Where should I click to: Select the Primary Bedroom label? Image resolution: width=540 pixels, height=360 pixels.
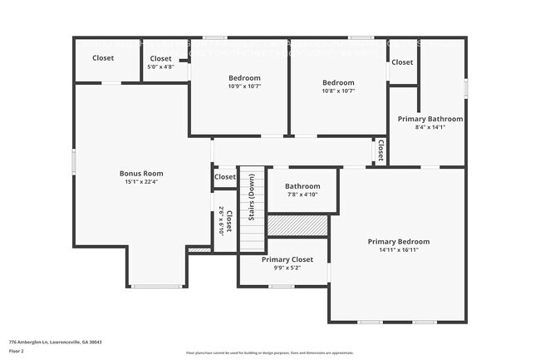coord(399,241)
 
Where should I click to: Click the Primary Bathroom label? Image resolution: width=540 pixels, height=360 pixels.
coord(430,119)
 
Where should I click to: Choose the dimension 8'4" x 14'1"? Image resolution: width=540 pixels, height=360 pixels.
coord(430,127)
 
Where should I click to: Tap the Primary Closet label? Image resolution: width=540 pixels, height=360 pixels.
coord(287,259)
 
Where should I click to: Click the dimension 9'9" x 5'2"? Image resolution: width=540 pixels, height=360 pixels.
coord(287,268)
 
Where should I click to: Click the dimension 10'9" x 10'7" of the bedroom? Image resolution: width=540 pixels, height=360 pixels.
coord(245,86)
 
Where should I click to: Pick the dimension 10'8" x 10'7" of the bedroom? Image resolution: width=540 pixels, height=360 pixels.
coord(338,91)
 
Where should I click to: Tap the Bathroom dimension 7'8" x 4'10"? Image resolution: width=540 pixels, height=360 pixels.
coord(302,195)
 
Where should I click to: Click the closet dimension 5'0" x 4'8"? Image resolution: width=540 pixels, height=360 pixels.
coord(160,67)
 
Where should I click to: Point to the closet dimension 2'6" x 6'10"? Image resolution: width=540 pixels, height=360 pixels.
coord(222,221)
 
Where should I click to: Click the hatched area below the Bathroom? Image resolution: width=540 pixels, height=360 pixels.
coord(297,225)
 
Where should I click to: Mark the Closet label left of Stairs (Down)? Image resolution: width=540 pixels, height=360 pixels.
coord(225,176)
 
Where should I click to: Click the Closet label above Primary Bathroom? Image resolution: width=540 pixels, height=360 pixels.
coord(402,62)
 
